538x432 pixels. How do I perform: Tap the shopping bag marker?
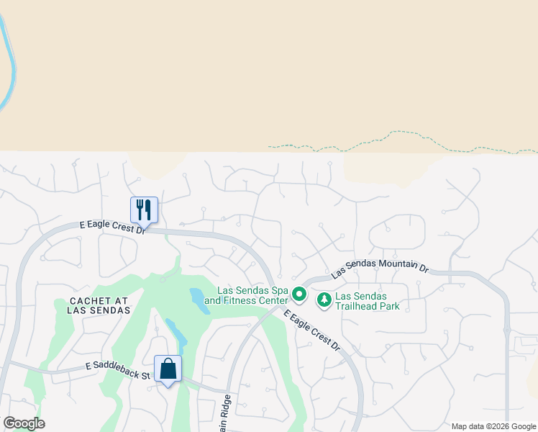tap(168, 369)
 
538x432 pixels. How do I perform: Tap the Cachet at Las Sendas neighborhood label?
tap(100, 305)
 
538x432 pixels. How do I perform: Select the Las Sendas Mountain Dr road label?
tap(379, 269)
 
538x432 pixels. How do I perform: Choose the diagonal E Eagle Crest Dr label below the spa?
tap(312, 331)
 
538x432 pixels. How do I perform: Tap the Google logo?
tap(23, 423)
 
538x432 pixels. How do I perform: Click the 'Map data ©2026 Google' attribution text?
tap(493, 426)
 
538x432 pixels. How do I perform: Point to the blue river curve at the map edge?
tap(10, 65)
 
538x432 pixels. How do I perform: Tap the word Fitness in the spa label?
tap(247, 300)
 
